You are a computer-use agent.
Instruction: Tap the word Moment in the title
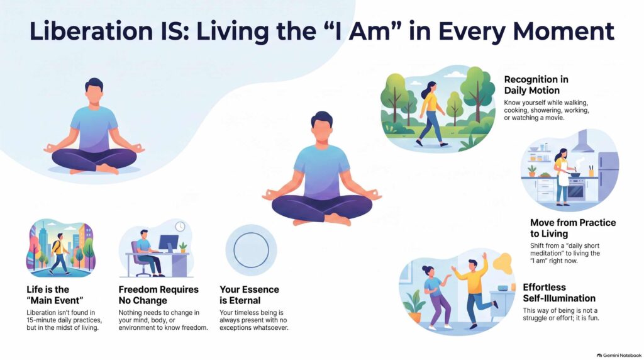coord(563,31)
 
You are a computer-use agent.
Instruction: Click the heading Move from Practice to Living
coord(573,228)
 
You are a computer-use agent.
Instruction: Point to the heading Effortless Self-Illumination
coord(559,293)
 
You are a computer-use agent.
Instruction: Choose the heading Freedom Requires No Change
coord(158,295)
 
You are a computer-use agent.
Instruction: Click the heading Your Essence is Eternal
coord(249,295)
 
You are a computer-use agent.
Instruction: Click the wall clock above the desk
coord(180,227)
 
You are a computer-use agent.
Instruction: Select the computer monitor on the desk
coord(169,244)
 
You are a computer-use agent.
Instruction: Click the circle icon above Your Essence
coord(252,250)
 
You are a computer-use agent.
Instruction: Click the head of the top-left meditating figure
coord(94,92)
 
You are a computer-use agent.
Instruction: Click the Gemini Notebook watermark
coord(619,355)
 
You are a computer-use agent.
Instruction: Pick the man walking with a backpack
coord(60,254)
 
